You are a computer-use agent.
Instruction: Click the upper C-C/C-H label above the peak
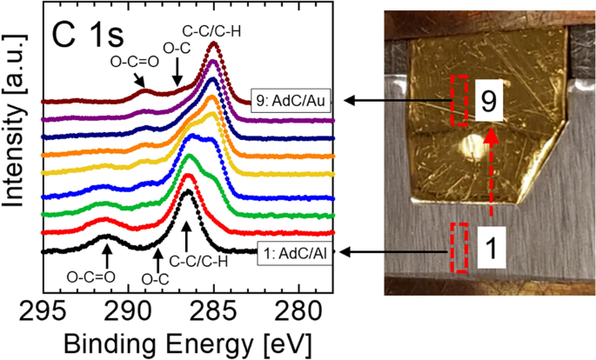(x=211, y=29)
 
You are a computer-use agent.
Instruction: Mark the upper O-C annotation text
(x=172, y=58)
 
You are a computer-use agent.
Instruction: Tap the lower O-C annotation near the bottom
(x=155, y=278)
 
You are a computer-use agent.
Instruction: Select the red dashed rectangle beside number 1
(x=459, y=249)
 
